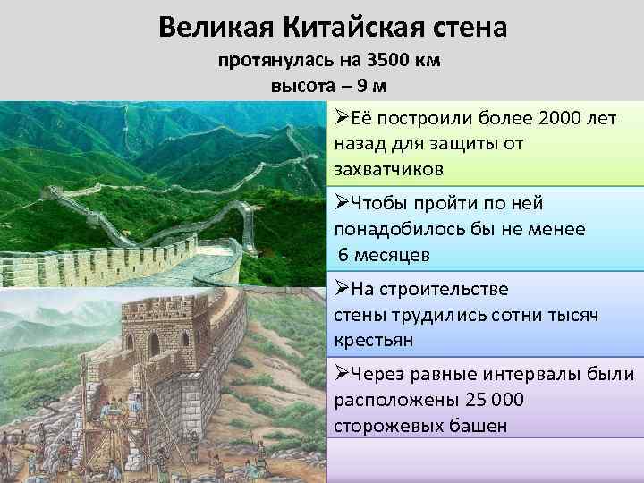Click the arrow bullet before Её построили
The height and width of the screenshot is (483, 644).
[x=342, y=119]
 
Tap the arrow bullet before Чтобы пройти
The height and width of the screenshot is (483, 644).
[x=342, y=204]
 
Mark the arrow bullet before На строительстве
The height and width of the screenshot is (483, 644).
[x=342, y=290]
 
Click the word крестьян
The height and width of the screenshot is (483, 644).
[x=374, y=341]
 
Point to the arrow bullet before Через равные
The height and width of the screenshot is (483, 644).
[x=342, y=373]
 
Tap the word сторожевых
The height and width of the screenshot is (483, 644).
[x=387, y=425]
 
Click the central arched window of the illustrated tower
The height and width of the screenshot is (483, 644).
[x=154, y=343]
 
